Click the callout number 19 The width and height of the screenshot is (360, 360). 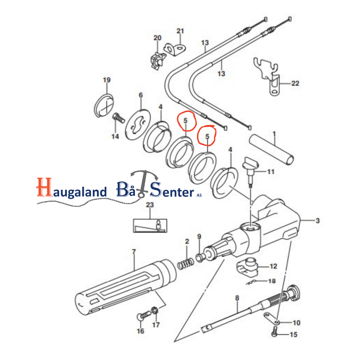[107, 80]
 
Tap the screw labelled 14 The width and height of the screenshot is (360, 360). [118, 118]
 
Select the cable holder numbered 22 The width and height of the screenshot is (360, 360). [268, 76]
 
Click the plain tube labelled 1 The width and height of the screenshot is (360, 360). [271, 150]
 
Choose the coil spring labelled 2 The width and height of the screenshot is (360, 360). [186, 264]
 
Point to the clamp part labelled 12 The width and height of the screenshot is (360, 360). [247, 267]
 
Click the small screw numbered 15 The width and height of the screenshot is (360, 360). [275, 332]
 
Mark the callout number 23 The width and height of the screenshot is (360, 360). [150, 205]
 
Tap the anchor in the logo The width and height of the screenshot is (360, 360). [144, 183]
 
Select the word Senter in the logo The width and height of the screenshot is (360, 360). [172, 190]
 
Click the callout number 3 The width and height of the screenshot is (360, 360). [318, 221]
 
